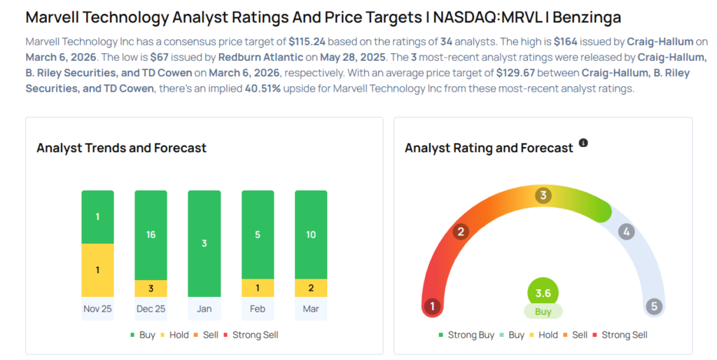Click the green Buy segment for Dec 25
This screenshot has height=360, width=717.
pyautogui.click(x=151, y=235)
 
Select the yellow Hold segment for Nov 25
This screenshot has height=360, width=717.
pyautogui.click(x=97, y=270)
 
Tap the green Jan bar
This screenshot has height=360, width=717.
pyautogui.click(x=204, y=243)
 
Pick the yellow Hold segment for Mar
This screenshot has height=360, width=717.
pyautogui.click(x=311, y=288)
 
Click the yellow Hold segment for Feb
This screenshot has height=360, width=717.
pyautogui.click(x=258, y=288)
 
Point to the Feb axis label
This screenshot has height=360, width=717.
pyautogui.click(x=258, y=308)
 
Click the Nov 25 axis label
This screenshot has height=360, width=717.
pyautogui.click(x=97, y=308)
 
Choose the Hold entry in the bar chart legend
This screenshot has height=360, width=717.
pyautogui.click(x=174, y=335)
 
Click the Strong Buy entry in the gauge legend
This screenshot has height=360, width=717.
pyautogui.click(x=467, y=335)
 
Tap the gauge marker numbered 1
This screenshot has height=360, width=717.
pyautogui.click(x=433, y=306)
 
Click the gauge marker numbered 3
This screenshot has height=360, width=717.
pyautogui.click(x=543, y=195)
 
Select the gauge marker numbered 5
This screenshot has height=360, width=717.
pyautogui.click(x=654, y=306)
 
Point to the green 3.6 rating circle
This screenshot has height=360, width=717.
pyautogui.click(x=543, y=292)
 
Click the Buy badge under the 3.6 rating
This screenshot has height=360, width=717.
pyautogui.click(x=543, y=312)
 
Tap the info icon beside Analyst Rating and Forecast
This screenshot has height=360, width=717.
pyautogui.click(x=583, y=143)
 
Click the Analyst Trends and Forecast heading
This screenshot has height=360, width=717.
pyautogui.click(x=121, y=148)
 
